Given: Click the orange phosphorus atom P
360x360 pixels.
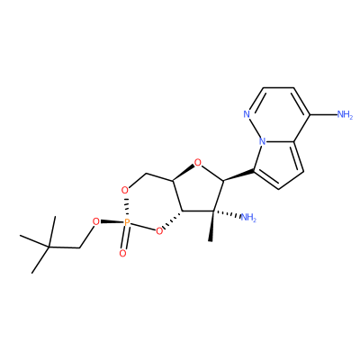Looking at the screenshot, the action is click(127, 222).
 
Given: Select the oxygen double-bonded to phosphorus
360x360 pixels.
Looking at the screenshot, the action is click(122, 254).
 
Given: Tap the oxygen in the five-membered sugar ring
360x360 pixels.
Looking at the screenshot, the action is click(197, 163).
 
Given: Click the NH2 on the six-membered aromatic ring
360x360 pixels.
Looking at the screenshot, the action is click(345, 114).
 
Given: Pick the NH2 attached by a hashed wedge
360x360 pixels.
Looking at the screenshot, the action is click(248, 217).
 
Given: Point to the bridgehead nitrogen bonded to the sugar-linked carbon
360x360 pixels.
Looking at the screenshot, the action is click(263, 141).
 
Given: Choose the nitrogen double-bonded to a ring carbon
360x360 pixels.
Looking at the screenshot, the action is click(247, 114).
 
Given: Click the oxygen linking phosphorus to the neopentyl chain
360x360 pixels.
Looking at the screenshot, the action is click(95, 222).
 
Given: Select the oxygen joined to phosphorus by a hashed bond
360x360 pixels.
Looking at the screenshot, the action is click(124, 190).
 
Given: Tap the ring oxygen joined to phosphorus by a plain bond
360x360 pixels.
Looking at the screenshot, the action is click(159, 230).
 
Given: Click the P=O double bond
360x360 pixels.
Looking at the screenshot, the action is click(124, 238).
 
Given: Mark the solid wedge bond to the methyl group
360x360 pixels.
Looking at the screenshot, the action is click(212, 226).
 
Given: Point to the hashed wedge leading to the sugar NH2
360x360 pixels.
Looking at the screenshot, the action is click(226, 214).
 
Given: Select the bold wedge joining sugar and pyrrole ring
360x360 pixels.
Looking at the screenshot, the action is click(238, 175).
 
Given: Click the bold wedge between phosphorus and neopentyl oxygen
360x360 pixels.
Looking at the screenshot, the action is click(112, 222).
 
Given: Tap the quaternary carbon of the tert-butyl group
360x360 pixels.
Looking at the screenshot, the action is click(49, 247).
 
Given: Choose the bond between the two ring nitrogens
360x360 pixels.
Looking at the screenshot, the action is click(255, 128).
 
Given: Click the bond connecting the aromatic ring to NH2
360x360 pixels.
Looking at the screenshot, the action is click(323, 114).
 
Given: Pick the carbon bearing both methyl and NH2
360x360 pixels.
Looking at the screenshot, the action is click(213, 211).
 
